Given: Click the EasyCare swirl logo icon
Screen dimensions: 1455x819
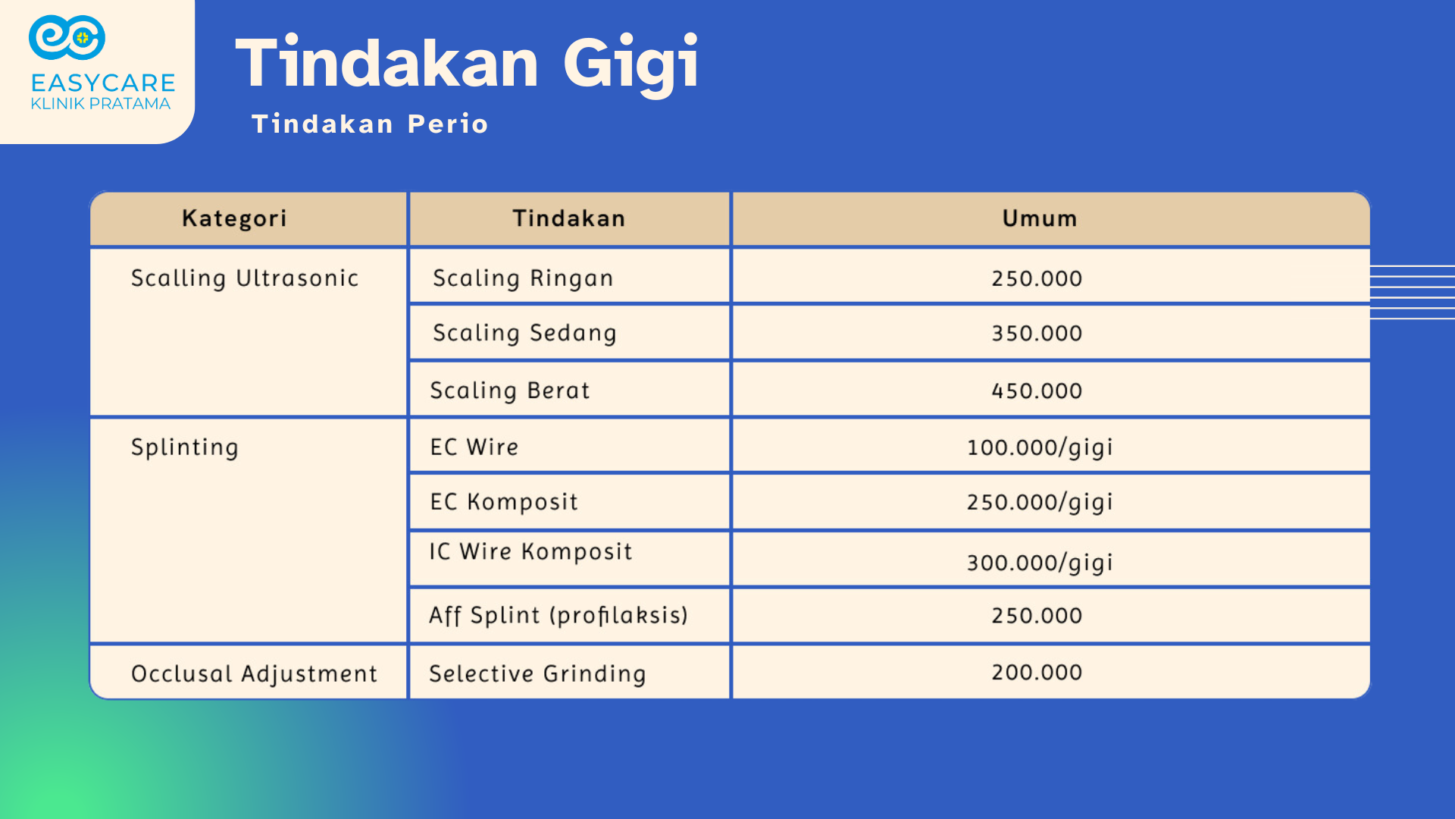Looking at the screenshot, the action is [67, 37].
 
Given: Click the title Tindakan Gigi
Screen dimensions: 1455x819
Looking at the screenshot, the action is [467, 64].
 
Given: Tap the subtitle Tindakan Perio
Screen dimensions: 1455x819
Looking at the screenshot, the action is [370, 124].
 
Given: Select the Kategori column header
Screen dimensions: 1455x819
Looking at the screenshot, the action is [234, 218].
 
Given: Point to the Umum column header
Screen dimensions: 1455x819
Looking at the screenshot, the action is [1040, 218].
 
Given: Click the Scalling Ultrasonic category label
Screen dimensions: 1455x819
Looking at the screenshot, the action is [245, 278].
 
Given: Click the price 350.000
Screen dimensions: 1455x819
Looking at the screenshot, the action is [1037, 333].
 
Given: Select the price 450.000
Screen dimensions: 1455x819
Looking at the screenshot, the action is [1037, 391].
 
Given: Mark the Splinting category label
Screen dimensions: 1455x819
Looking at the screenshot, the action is [185, 447].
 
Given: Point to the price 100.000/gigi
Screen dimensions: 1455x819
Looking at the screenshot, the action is [1040, 447].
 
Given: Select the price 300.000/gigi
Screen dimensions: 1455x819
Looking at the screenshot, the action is [1040, 563].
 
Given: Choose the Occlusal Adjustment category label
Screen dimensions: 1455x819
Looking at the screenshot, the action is [254, 673].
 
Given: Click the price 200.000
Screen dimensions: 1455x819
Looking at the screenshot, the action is [1037, 672].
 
